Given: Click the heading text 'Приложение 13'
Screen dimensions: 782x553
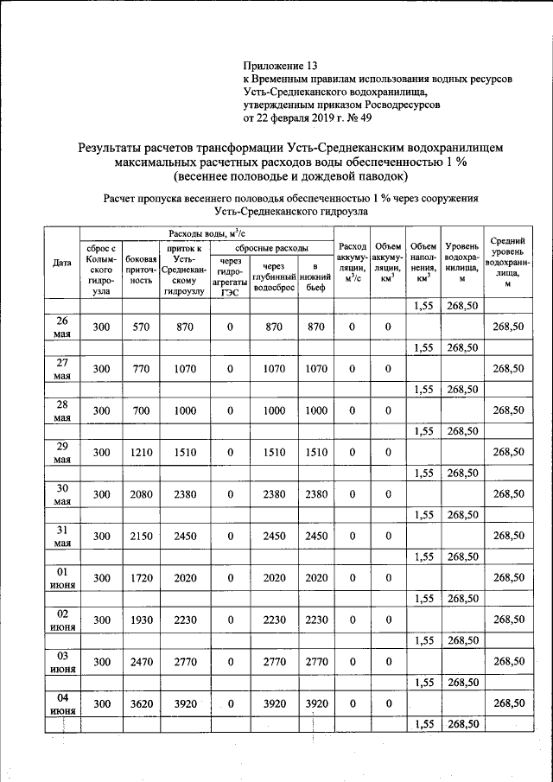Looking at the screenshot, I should pos(281,66).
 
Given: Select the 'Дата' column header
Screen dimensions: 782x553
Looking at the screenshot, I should pos(61,263).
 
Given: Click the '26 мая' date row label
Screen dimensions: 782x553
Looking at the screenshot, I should pos(61,327).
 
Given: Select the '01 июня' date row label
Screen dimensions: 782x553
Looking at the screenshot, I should pos(61,577).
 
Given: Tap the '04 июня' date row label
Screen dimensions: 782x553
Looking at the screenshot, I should pos(61,703).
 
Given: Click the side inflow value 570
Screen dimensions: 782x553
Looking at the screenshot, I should pos(141,327).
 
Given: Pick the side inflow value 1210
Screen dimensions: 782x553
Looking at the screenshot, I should pos(141,452).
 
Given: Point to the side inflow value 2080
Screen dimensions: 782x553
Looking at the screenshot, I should pos(141,494).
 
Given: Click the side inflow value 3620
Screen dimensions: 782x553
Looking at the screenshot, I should pos(141,703).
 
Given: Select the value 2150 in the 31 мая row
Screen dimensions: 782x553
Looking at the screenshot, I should pos(141,536).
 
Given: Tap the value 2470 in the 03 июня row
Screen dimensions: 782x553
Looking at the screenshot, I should pos(141,662).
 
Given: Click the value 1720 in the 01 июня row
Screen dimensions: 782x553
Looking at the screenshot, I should pos(141,577).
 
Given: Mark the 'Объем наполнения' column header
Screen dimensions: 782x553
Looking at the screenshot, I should pos(423,263).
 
